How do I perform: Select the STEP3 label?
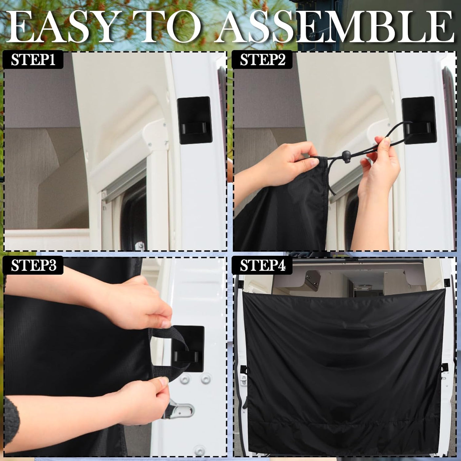(33, 265)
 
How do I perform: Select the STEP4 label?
(262, 265)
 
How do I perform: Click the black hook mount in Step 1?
(194, 120)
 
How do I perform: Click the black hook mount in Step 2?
(419, 120)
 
